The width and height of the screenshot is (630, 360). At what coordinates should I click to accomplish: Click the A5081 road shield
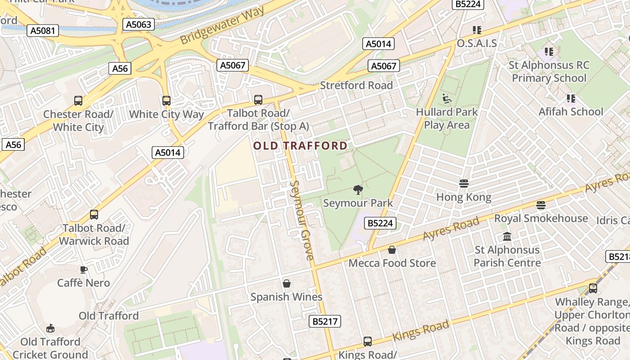pyautogui.click(x=43, y=31)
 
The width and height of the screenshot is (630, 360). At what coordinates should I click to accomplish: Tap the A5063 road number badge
pyautogui.click(x=139, y=24)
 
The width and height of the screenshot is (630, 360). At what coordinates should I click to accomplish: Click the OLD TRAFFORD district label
pyautogui.click(x=300, y=146)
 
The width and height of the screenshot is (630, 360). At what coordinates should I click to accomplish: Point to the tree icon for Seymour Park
pyautogui.click(x=358, y=190)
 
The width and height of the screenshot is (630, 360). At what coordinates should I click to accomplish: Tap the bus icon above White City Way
pyautogui.click(x=166, y=101)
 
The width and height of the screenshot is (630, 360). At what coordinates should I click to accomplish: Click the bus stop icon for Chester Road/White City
pyautogui.click(x=78, y=101)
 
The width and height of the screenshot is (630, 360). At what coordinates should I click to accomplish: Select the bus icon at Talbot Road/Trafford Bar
pyautogui.click(x=258, y=100)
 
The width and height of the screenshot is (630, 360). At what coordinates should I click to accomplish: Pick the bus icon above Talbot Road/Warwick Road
pyautogui.click(x=94, y=215)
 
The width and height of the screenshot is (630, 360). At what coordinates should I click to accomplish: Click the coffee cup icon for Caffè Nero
pyautogui.click(x=84, y=270)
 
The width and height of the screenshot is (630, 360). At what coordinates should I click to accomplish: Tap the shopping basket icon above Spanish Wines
pyautogui.click(x=287, y=283)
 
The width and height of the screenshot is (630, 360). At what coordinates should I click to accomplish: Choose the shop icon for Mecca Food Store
pyautogui.click(x=392, y=250)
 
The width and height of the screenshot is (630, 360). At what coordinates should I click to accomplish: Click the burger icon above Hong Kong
pyautogui.click(x=464, y=184)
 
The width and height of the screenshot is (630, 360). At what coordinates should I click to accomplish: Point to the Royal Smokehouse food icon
pyautogui.click(x=541, y=205)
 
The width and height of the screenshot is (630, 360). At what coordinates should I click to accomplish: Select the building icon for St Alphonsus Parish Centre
pyautogui.click(x=507, y=236)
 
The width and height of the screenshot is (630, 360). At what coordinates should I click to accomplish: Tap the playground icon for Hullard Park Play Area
pyautogui.click(x=446, y=99)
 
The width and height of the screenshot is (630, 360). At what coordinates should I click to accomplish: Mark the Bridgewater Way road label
pyautogui.click(x=223, y=26)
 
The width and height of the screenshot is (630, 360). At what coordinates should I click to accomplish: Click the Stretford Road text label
pyautogui.click(x=356, y=85)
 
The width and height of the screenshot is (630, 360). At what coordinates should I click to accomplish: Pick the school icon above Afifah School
pyautogui.click(x=571, y=98)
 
